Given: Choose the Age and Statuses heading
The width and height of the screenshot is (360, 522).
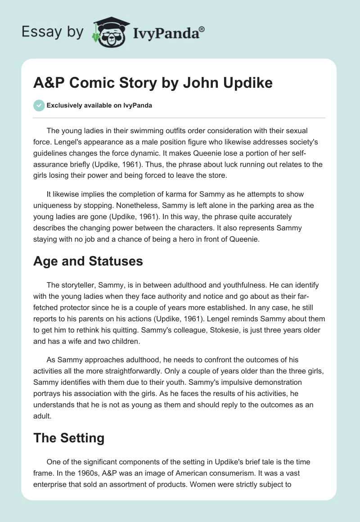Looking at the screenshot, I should [x=88, y=261].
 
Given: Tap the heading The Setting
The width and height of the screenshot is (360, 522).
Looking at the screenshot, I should [x=69, y=437].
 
